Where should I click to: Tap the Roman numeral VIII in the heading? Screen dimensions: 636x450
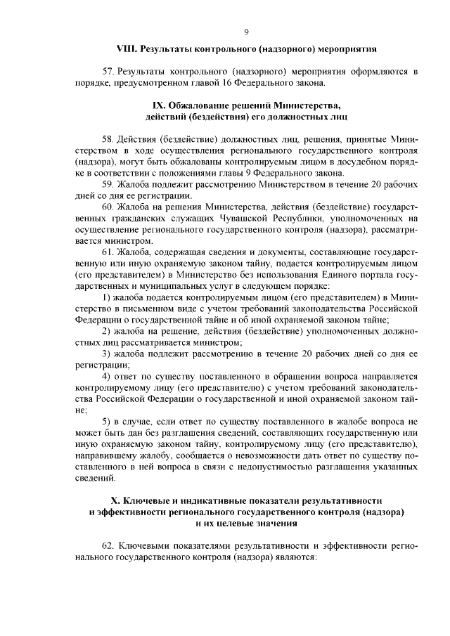tap(126, 50)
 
